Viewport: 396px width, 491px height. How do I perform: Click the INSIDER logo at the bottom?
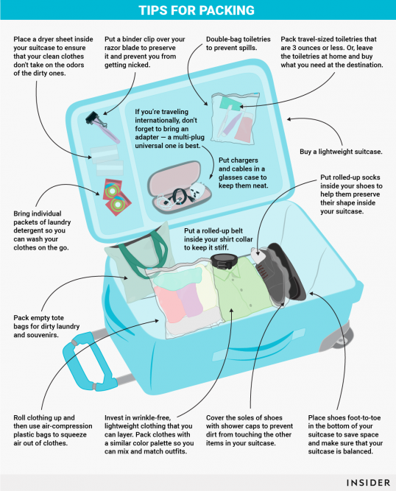click(369, 483)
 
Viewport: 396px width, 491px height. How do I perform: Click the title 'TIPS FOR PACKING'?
click(197, 10)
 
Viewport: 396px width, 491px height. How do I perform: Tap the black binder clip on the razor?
click(93, 119)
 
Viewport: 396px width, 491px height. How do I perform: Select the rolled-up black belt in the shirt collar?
click(225, 261)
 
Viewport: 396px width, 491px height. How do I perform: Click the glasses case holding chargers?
click(180, 187)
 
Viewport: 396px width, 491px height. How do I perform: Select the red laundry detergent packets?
click(116, 197)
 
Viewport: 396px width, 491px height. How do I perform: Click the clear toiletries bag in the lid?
click(234, 118)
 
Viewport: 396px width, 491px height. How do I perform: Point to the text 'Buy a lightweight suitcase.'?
click(341, 152)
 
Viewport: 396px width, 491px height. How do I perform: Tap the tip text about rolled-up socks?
click(351, 194)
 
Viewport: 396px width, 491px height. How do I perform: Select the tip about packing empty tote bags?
click(46, 326)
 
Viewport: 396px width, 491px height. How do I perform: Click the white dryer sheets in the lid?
click(107, 159)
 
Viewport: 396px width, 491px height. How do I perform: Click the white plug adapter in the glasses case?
click(197, 191)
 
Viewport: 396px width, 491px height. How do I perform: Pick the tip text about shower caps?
click(250, 430)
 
